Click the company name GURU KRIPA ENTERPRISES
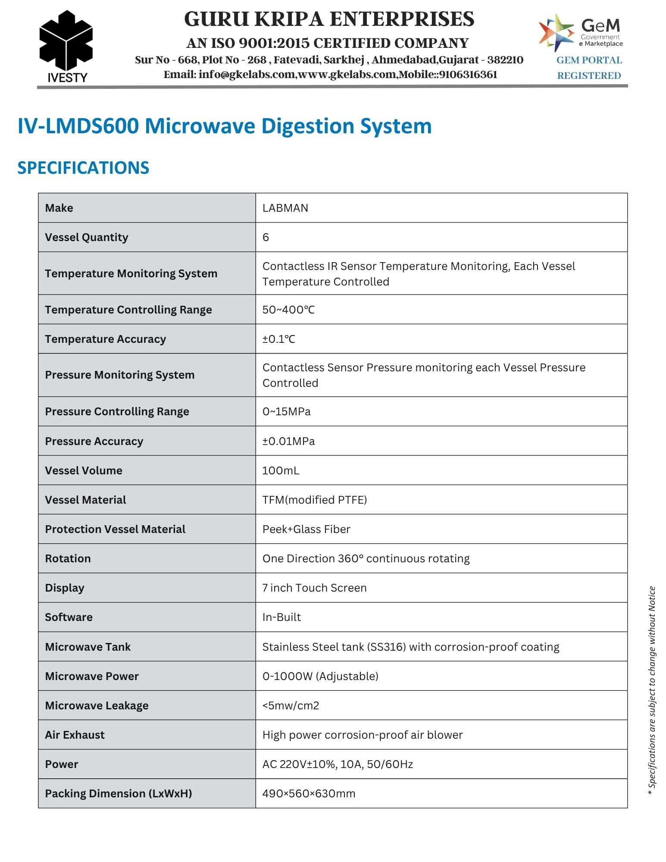(x=329, y=19)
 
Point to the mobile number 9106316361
(x=468, y=75)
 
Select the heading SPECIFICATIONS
(x=83, y=168)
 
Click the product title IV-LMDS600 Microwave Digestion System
(x=224, y=126)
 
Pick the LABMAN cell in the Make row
(x=285, y=208)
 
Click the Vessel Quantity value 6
(x=266, y=237)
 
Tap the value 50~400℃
(x=288, y=310)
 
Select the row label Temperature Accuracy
(x=105, y=339)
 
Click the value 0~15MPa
(x=286, y=411)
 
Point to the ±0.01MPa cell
(x=288, y=441)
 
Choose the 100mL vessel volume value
(x=281, y=470)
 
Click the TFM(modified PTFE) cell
(x=315, y=500)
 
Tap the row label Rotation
(x=68, y=558)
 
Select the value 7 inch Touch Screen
(x=314, y=588)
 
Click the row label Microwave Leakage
(x=97, y=705)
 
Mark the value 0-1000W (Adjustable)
(x=320, y=676)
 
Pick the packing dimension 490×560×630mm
(x=309, y=793)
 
